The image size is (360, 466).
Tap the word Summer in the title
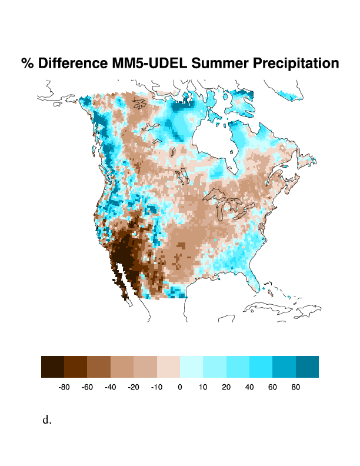click(x=219, y=63)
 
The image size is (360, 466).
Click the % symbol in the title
click(x=28, y=63)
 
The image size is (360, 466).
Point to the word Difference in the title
click(x=72, y=63)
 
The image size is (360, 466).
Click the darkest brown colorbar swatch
click(x=52, y=367)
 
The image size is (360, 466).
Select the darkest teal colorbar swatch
click(x=307, y=367)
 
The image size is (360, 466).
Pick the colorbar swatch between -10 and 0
click(x=168, y=367)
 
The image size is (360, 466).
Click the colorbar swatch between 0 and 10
click(x=191, y=367)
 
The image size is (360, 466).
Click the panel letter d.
click(x=47, y=420)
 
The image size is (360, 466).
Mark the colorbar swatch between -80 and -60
click(x=76, y=367)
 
